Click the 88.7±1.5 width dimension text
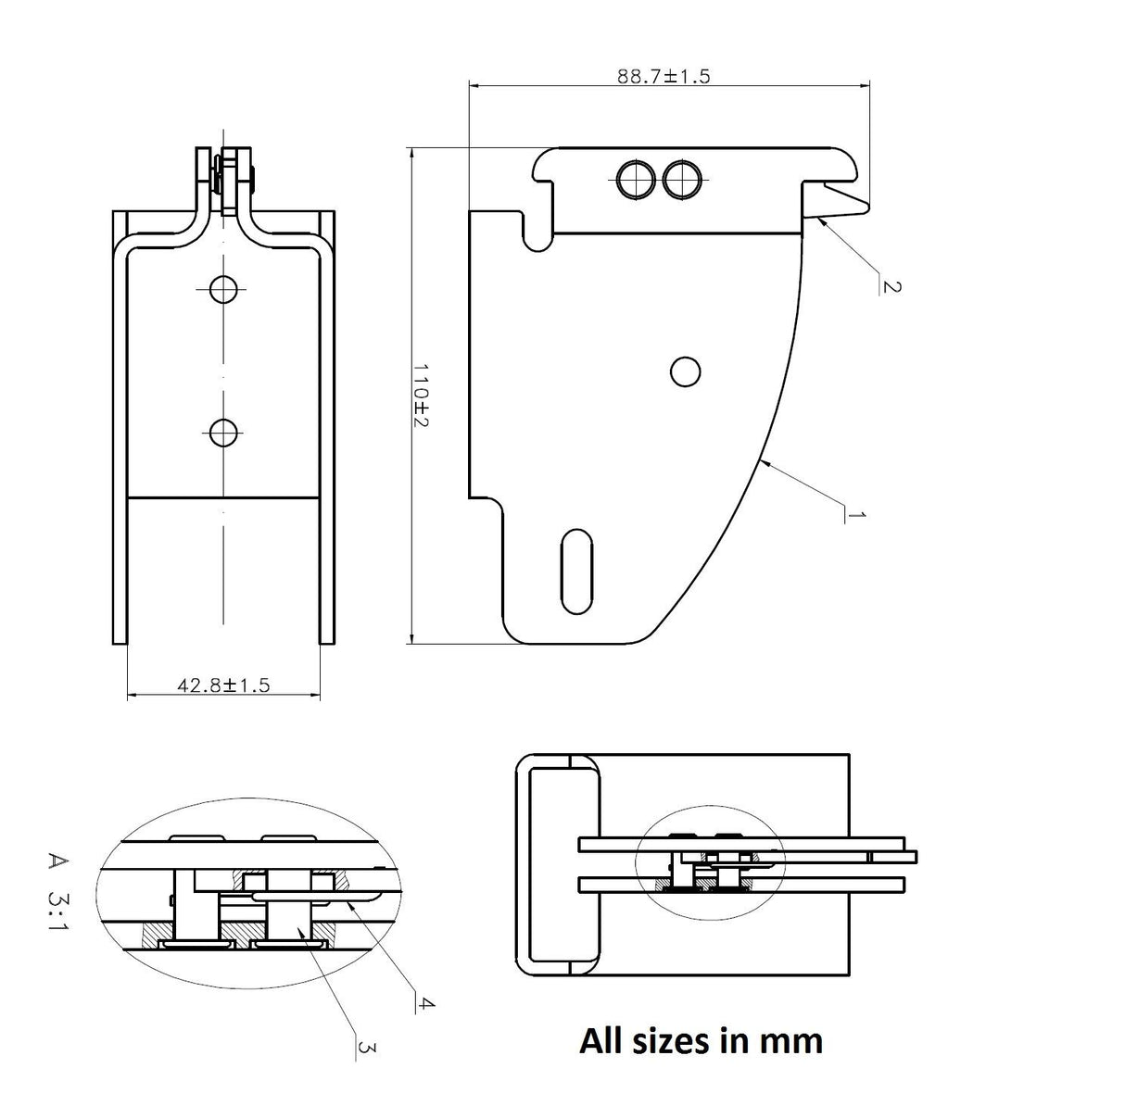click(664, 76)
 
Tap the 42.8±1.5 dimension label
click(222, 685)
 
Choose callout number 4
click(424, 1002)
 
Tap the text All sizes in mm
click(701, 1040)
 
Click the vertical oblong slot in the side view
click(576, 572)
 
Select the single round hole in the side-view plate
click(685, 371)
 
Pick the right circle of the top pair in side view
click(681, 178)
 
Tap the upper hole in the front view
click(222, 290)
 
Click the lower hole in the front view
click(222, 432)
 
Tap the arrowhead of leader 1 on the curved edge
click(763, 460)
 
